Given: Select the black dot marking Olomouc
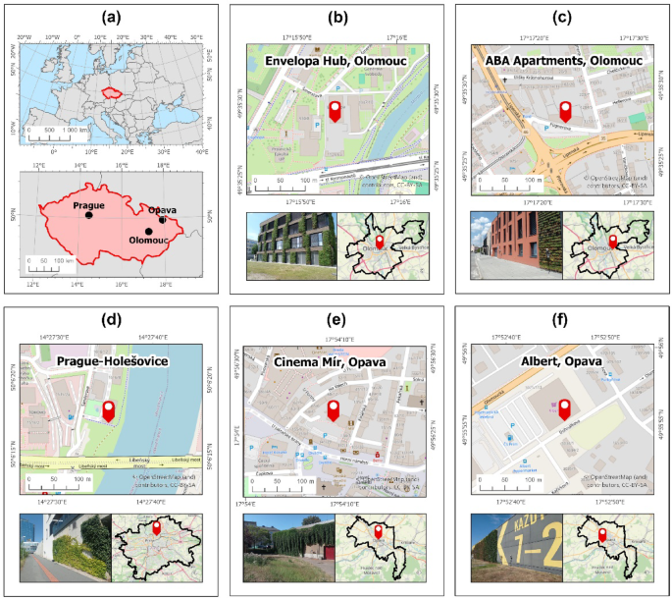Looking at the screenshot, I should coord(148,232).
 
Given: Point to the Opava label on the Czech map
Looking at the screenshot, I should coord(162,210).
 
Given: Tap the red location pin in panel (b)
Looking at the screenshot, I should coord(335,113).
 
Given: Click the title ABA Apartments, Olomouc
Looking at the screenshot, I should coord(563,61).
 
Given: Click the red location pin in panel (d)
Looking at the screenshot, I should coord(109,412).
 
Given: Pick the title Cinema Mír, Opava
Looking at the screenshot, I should coord(335,363).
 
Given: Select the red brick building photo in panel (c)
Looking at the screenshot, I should coord(516,244).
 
